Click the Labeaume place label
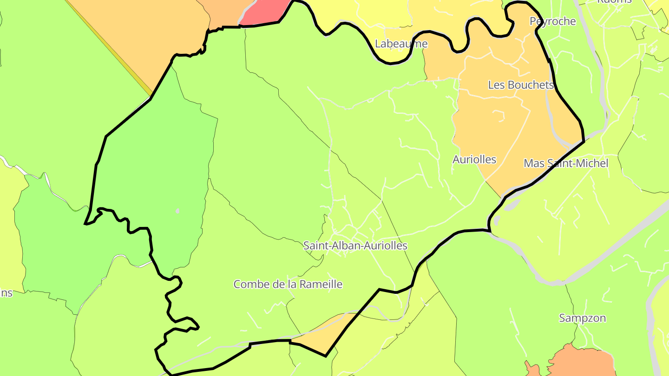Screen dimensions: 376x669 point(401,44)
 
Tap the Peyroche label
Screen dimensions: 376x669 point(552,21)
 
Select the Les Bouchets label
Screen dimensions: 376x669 point(521,85)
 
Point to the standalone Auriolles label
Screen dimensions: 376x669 point(474,160)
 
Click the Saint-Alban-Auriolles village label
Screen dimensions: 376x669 point(355,246)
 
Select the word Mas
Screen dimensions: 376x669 point(534,163)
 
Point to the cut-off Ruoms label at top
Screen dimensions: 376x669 point(614,1)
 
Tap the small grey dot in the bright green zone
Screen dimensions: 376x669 point(177,211)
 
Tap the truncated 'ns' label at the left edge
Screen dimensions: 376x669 point(6,293)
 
